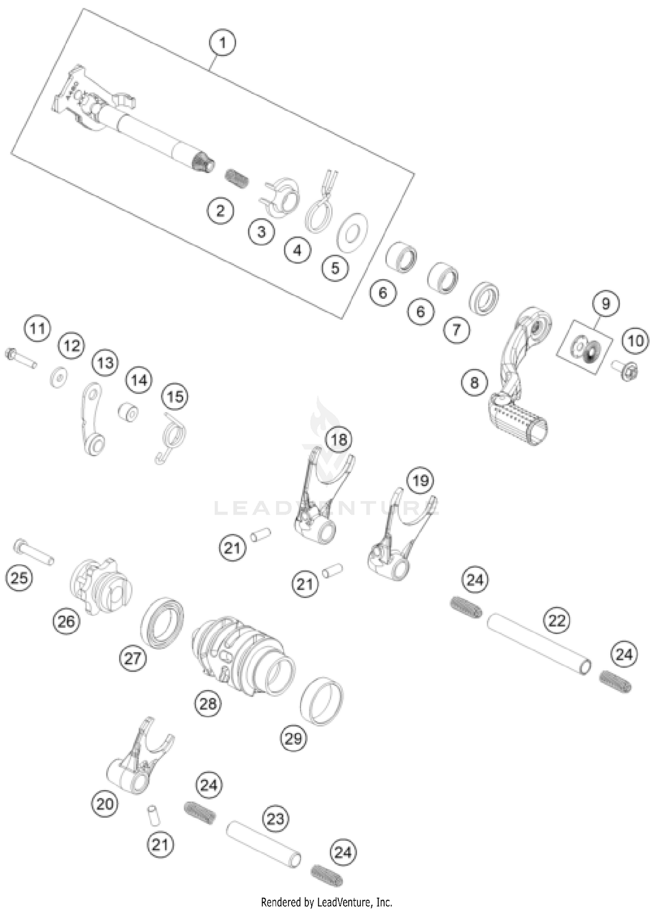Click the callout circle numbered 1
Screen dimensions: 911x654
[x=223, y=43]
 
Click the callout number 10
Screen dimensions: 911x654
[x=635, y=341]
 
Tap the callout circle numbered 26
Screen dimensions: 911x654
[x=66, y=621]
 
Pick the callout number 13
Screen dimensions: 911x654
[x=106, y=363]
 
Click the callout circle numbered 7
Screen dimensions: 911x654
[x=456, y=330]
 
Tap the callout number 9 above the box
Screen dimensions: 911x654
[x=606, y=304]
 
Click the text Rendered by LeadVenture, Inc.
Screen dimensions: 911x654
[x=327, y=901]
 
